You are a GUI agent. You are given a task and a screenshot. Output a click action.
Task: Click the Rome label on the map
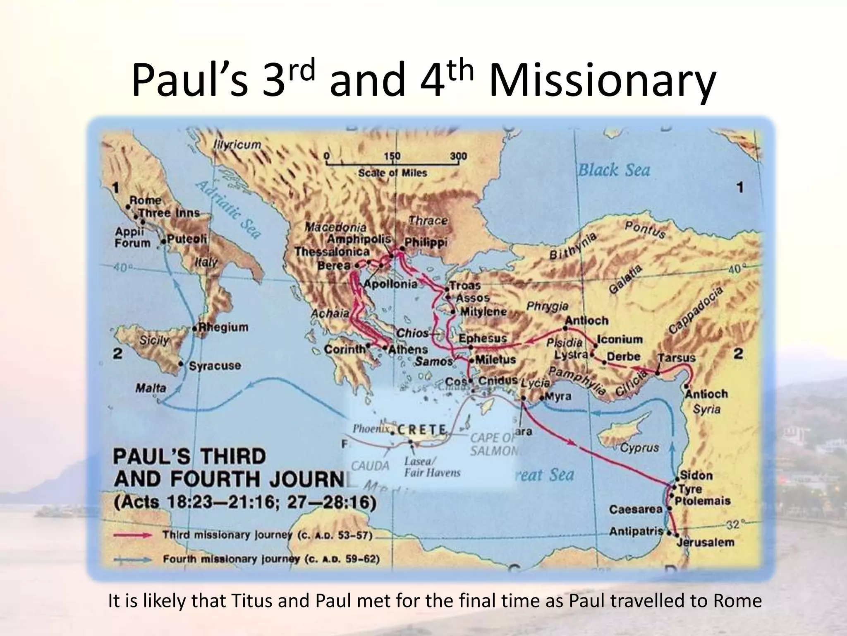(146, 200)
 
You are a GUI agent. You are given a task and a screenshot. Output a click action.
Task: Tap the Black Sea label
(613, 171)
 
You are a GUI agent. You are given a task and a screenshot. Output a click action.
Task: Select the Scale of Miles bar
(392, 164)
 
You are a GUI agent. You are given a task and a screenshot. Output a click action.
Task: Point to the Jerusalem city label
(705, 542)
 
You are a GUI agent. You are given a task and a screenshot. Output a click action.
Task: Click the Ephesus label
(482, 338)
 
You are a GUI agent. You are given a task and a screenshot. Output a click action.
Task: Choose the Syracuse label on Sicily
(214, 366)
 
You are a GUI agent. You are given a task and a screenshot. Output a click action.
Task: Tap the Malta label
(151, 388)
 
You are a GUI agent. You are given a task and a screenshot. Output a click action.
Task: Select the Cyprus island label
(639, 448)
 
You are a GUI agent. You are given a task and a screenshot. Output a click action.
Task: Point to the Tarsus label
(676, 357)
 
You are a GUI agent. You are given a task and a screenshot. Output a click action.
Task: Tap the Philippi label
(426, 242)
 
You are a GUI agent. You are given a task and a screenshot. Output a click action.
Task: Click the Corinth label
(345, 349)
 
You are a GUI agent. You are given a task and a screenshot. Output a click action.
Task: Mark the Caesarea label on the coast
(636, 509)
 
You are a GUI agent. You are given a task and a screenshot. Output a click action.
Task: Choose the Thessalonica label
(332, 252)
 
